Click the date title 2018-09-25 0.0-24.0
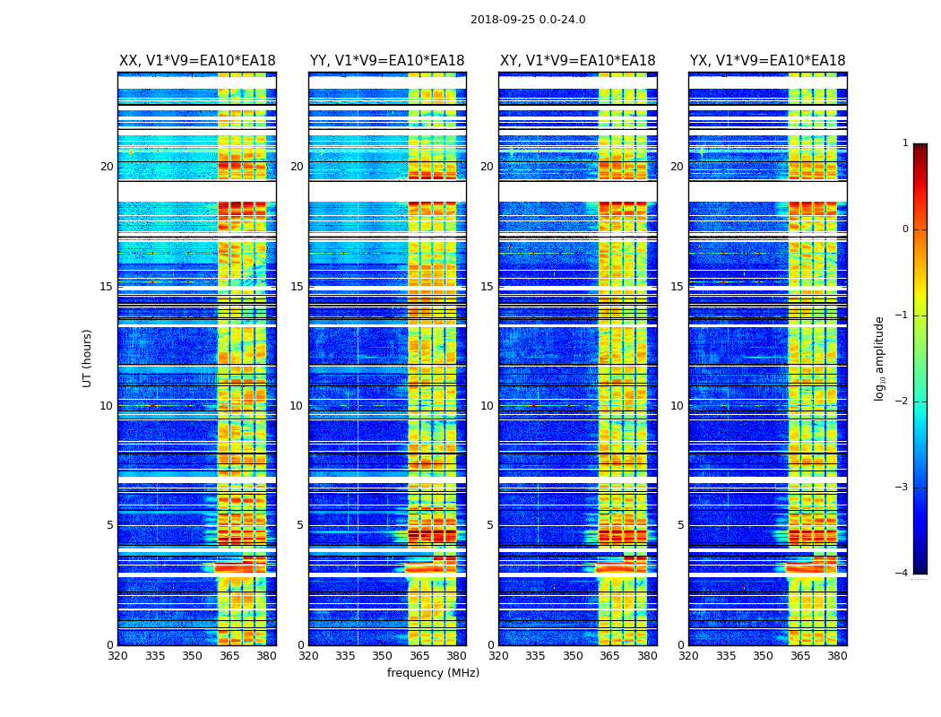(528, 20)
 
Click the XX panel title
(197, 61)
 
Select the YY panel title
(387, 61)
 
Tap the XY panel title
(578, 61)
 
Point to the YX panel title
(768, 61)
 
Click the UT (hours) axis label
(88, 358)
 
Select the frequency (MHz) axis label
(433, 673)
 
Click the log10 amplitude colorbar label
(880, 358)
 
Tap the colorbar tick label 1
(905, 143)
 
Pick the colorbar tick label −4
(902, 574)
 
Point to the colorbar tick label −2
(902, 402)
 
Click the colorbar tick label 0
(905, 229)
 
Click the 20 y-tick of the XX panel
(107, 167)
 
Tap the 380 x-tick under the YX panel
(837, 656)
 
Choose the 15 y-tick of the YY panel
(297, 287)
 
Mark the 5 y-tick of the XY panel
(490, 525)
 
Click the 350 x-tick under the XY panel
(573, 656)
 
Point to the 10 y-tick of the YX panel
(677, 406)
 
